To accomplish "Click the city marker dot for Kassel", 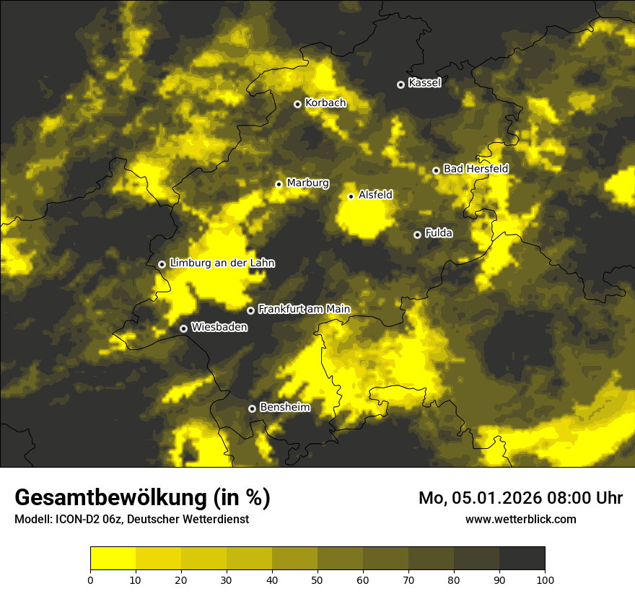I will point(400,84).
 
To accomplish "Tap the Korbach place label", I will point(325,103).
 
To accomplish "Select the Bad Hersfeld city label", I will point(476,169).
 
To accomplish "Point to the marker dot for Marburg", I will point(279,184).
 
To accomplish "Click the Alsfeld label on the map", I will point(375,195).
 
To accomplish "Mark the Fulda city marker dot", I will point(417,235).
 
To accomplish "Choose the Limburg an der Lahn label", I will point(222,263).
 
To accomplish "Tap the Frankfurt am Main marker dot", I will point(250,310).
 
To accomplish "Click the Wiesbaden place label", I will point(219,328).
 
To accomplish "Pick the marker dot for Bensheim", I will point(252,408).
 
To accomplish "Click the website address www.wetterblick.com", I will point(520,519).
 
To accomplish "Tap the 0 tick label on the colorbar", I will point(90,579).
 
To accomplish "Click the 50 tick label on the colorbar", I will point(317,579).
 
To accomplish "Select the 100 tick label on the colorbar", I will point(545,579).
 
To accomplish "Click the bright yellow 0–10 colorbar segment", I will point(113,559).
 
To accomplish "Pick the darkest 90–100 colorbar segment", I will point(522,559).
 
